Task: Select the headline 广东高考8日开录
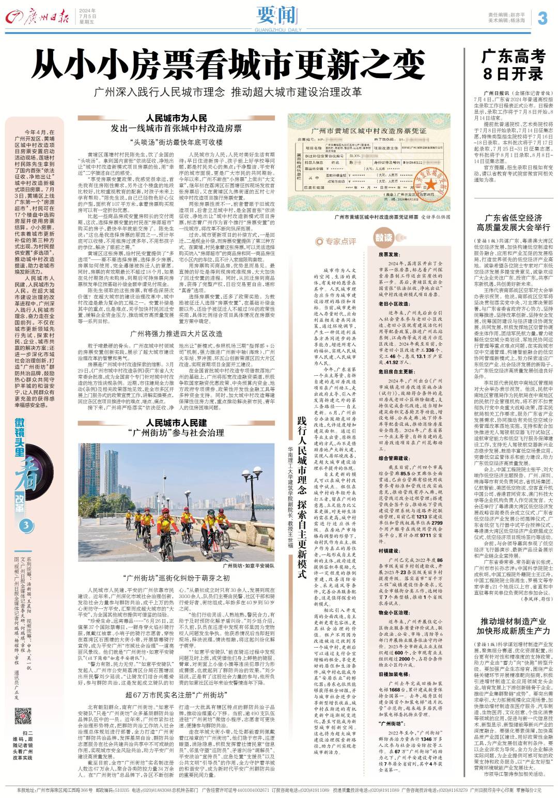(514, 64)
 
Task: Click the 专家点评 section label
(335, 241)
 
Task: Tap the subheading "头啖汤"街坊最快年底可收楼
(176, 142)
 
